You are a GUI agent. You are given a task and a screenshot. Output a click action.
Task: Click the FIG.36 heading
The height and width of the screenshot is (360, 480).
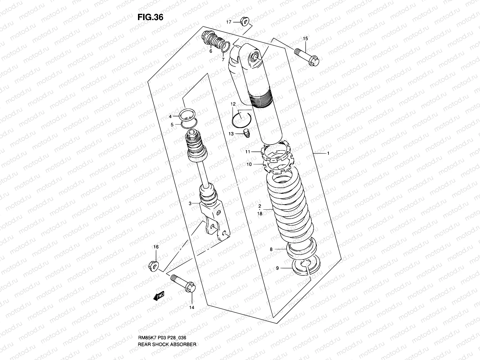150,17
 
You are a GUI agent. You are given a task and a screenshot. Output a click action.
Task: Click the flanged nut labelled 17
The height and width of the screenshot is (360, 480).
244,22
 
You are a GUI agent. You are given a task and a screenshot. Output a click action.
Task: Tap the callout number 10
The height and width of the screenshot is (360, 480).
249,164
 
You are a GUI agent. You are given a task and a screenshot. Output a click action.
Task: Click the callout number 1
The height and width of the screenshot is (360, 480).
328,153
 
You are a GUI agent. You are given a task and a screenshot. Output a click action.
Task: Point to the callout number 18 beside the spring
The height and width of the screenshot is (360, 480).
260,214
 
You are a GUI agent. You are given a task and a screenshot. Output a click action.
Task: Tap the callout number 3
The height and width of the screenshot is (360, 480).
190,204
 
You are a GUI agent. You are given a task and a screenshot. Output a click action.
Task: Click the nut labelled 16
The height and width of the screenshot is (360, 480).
154,265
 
